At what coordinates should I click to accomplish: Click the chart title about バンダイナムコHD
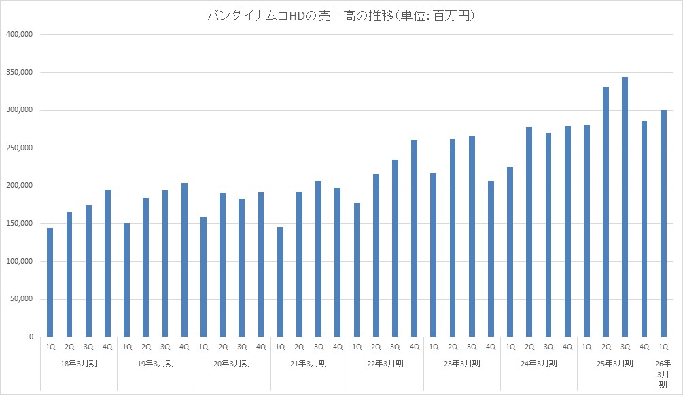coord(341,16)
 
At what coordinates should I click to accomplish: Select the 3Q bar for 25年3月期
coord(625,207)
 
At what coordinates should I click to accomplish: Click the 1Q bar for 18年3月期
coord(50,282)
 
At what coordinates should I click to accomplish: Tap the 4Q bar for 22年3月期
coord(414,238)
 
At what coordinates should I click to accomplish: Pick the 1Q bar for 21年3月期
coord(280,281)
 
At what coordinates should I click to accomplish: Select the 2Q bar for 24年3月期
coord(529,232)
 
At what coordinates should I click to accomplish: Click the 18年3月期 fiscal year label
coord(79,364)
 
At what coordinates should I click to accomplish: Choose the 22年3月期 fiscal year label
coord(385,364)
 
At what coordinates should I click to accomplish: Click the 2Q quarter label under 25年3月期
coord(606,347)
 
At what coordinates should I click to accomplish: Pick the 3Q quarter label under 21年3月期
coord(318,347)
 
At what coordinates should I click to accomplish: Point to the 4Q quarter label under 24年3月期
coord(567,347)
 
